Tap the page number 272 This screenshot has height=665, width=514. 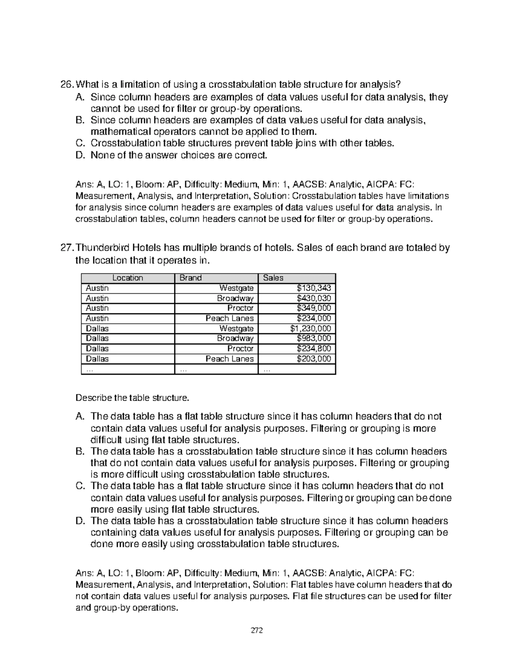(257, 630)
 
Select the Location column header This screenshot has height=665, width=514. (128, 278)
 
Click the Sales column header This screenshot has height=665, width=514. (273, 278)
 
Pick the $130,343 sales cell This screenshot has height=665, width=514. (314, 288)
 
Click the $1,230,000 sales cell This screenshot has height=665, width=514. (311, 328)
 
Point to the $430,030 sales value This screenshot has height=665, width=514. (314, 298)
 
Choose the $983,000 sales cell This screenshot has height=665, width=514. (314, 338)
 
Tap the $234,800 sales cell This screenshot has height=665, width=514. (314, 349)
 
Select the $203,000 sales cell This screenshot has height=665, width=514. (314, 359)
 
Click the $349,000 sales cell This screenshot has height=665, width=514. (314, 308)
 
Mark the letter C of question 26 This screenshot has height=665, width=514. (79, 143)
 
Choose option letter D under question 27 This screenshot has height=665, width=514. (79, 521)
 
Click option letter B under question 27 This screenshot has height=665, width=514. (79, 451)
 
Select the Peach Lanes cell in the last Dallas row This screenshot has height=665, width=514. (230, 359)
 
